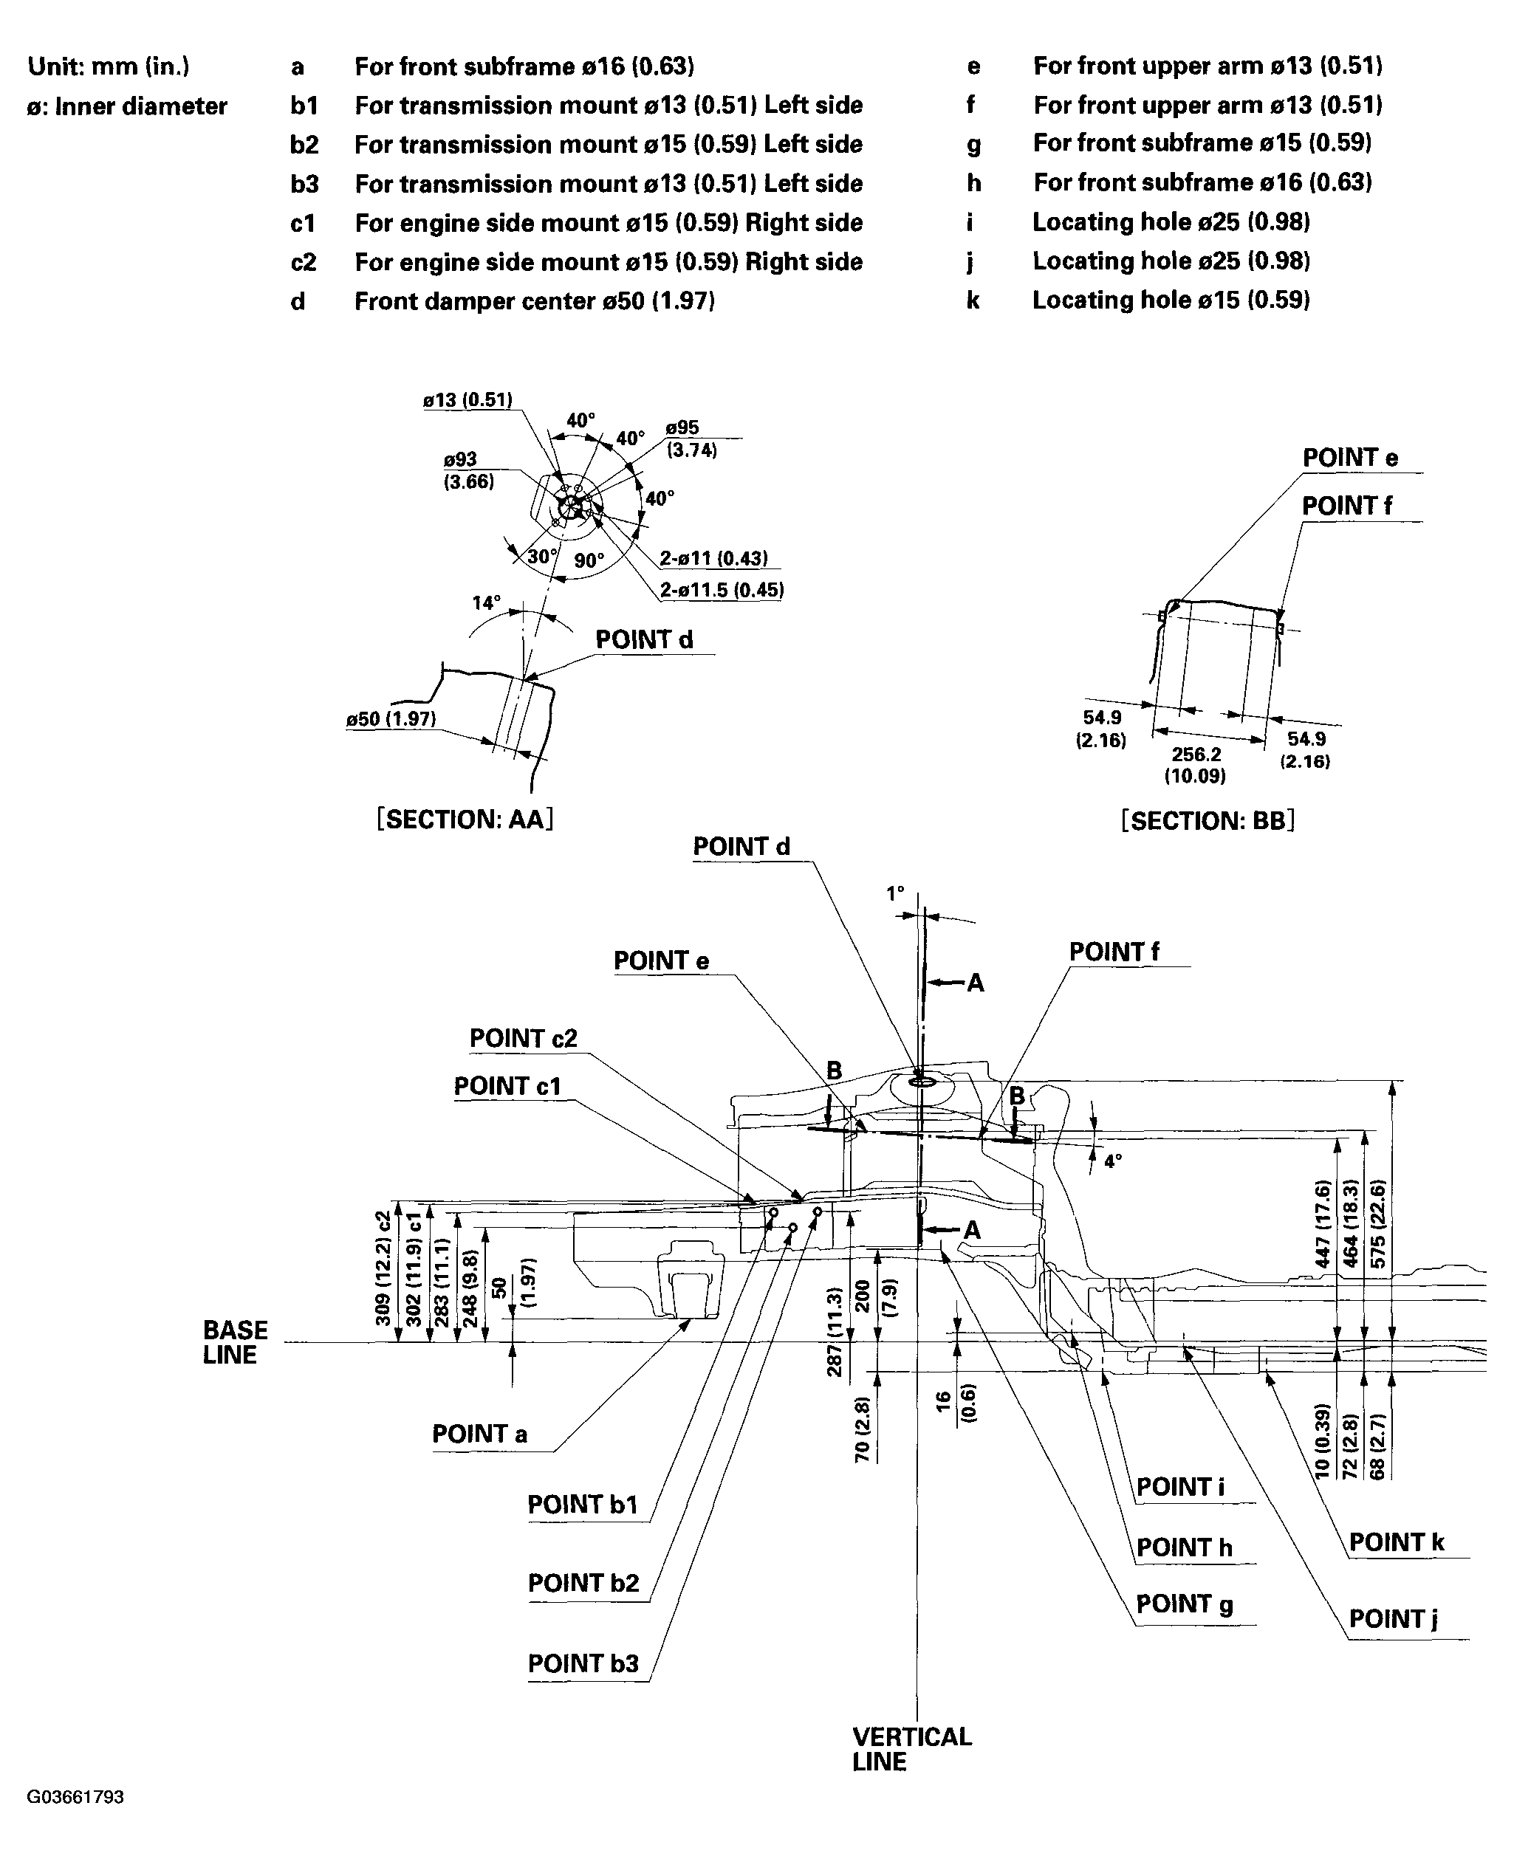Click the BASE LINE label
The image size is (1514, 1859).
235,1342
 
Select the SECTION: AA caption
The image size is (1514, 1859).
465,819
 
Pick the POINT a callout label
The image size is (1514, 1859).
479,1434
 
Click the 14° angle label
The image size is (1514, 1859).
487,602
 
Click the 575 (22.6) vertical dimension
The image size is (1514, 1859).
1379,1225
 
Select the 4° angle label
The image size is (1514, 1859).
1113,1161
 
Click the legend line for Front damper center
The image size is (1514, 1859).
534,302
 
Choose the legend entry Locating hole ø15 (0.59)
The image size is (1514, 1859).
1171,300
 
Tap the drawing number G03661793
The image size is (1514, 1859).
75,1797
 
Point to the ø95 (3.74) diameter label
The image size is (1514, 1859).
691,439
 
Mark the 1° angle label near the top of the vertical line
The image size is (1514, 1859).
896,894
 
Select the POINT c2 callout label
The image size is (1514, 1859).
524,1039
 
